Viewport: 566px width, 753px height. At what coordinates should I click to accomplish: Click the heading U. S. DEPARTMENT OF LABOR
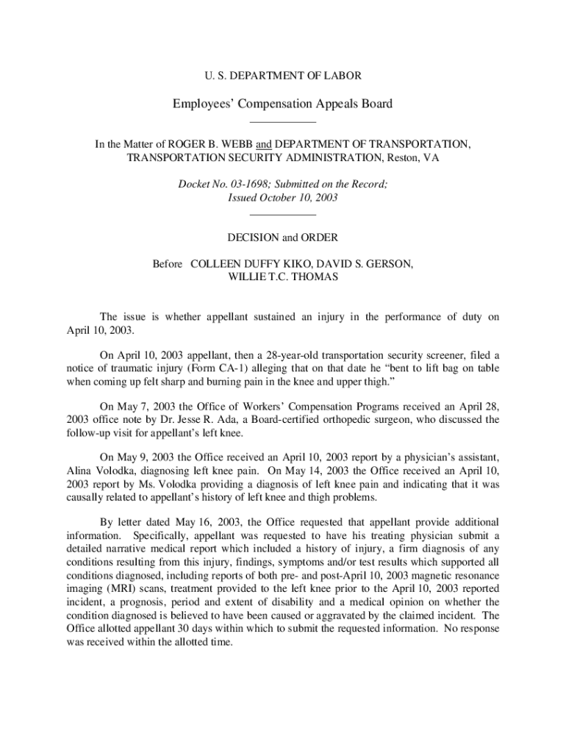282,76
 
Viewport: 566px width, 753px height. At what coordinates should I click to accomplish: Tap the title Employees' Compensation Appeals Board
282,104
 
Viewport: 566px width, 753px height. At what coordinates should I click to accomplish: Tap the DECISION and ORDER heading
282,238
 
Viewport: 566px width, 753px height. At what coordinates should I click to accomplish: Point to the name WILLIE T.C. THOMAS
282,277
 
